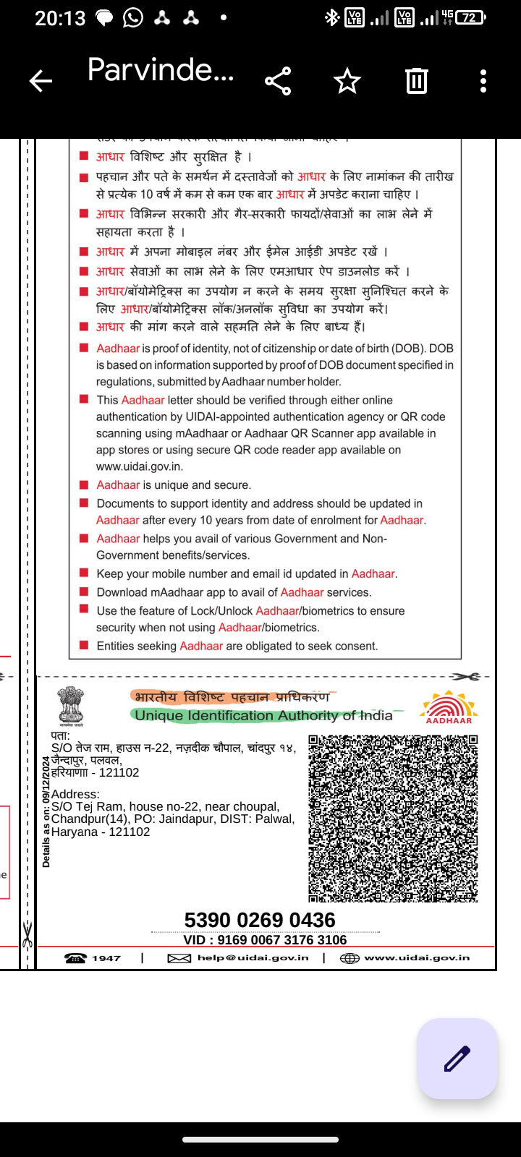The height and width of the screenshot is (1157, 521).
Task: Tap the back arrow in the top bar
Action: point(41,81)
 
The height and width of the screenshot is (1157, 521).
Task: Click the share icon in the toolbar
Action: point(278,81)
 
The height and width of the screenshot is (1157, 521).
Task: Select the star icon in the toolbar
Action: point(347,81)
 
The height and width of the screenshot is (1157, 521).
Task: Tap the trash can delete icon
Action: point(417,81)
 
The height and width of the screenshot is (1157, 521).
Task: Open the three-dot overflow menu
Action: point(483,81)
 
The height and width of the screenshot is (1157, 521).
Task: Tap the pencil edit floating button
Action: point(457,1059)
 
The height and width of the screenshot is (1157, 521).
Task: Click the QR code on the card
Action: point(393,819)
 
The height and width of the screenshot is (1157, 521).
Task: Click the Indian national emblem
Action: point(71,706)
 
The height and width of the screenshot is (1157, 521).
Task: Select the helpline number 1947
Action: point(106,958)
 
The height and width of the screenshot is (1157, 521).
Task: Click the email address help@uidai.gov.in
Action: point(253,958)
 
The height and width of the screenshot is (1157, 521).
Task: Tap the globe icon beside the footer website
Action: point(350,958)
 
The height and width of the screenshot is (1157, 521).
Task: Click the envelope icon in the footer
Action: point(179,958)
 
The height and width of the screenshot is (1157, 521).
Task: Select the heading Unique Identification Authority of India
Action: point(263,716)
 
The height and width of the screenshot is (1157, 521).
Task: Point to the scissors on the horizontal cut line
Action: point(465,677)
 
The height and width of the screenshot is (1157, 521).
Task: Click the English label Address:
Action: point(75,794)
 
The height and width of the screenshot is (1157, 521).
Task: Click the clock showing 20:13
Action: point(60,18)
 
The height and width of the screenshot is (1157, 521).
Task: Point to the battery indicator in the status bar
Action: point(471,17)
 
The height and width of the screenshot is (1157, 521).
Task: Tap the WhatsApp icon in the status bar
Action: point(133,18)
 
